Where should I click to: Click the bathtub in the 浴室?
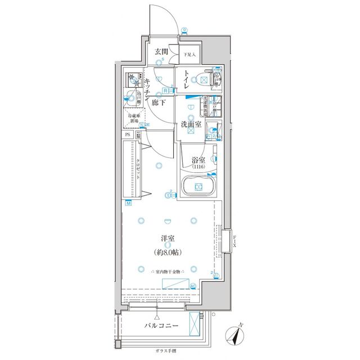point(198,187)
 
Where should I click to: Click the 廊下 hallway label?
point(159,103)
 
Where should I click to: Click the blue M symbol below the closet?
point(128,203)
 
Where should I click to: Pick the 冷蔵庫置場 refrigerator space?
point(134,119)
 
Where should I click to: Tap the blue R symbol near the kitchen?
point(165,90)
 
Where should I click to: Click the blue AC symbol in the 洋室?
point(193,286)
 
